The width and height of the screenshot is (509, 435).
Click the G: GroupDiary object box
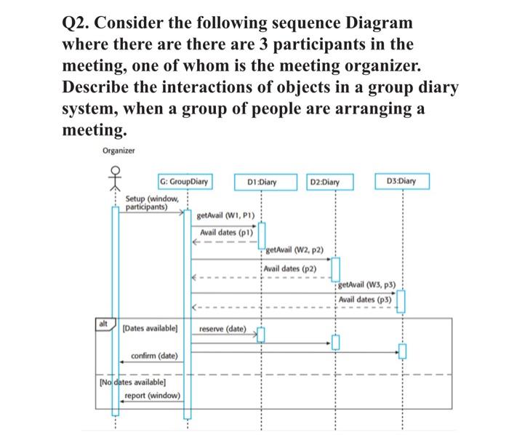click(185, 181)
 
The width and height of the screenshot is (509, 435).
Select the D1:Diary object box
click(261, 181)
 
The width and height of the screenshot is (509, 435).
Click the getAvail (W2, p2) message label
click(294, 250)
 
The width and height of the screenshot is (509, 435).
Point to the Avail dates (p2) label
click(290, 268)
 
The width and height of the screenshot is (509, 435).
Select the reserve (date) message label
click(223, 329)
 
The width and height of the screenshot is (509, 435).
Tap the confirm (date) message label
click(153, 356)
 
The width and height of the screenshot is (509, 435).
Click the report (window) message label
click(153, 396)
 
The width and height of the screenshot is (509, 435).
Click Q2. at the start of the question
click(79, 23)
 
